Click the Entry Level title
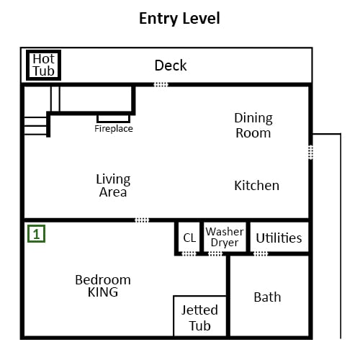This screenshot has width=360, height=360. (x=179, y=19)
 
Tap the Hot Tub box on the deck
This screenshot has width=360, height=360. (x=43, y=65)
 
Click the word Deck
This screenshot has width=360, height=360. (x=171, y=66)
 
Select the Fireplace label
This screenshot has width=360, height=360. (x=114, y=129)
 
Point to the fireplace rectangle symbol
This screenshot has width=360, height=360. (x=114, y=119)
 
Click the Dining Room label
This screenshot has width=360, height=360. (x=253, y=125)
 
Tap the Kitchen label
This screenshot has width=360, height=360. (x=256, y=186)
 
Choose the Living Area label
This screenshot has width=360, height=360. (x=113, y=186)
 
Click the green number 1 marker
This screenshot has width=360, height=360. (x=36, y=233)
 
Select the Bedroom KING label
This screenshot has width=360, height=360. (x=103, y=286)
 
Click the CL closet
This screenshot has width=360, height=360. (x=189, y=238)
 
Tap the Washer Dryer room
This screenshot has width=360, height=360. (x=225, y=237)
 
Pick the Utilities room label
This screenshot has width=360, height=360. (x=279, y=238)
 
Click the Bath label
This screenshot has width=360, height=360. (x=267, y=297)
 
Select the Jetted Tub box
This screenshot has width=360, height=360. (x=199, y=316)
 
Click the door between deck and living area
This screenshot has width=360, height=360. (x=161, y=84)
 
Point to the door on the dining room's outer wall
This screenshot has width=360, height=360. (x=310, y=152)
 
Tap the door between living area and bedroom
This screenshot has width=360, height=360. (x=142, y=220)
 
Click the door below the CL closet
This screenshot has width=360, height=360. (x=189, y=253)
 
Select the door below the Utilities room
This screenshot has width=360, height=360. (x=261, y=253)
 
